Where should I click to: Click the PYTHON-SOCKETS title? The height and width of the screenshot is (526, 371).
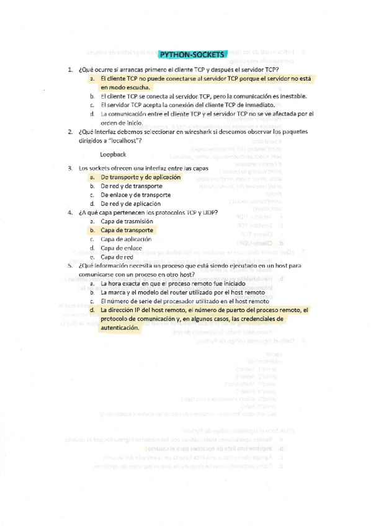[x=192, y=54]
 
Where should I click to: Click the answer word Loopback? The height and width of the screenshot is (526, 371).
[x=113, y=153]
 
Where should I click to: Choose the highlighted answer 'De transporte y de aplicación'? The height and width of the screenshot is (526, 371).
[x=140, y=177]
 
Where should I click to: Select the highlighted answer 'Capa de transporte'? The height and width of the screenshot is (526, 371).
[x=127, y=230]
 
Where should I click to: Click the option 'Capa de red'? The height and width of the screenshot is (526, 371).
[x=117, y=257]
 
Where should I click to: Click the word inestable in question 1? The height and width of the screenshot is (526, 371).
[x=288, y=97]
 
